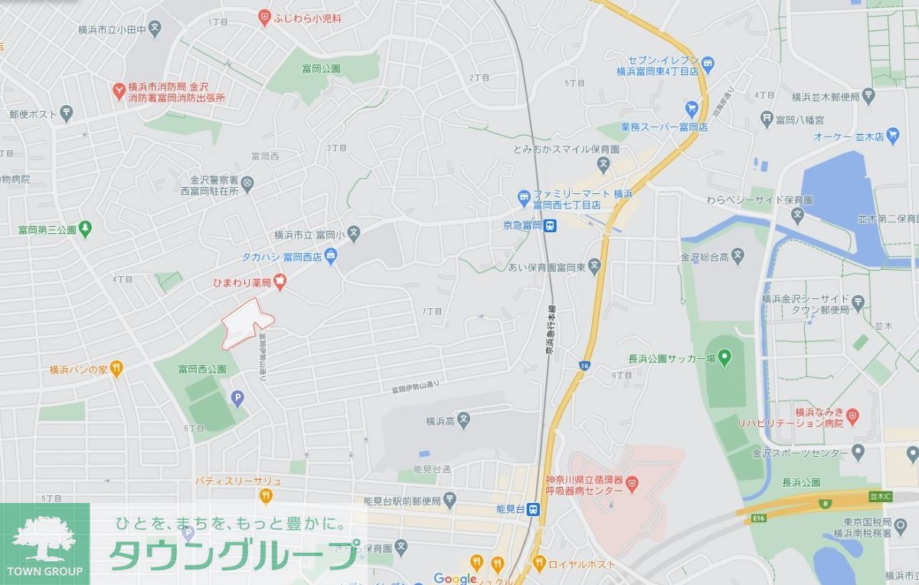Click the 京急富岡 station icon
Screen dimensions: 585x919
point(551,225)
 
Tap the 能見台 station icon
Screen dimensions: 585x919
point(533,509)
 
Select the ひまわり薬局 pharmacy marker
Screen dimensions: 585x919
point(280,283)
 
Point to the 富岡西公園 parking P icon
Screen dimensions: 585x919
point(237,398)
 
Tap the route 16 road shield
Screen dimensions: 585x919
point(584,366)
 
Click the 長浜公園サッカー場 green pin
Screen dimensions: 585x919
point(724,357)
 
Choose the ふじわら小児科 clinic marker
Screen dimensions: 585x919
point(265,16)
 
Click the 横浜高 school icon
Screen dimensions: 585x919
point(464,421)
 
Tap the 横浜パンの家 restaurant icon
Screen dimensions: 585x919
point(116,370)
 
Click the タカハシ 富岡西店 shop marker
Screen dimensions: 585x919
point(331,256)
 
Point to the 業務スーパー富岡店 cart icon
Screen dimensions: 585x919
point(692,107)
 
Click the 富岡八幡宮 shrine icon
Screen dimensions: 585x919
point(767,119)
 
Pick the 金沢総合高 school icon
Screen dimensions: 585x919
point(737,255)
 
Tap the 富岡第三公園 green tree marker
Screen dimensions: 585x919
point(85,228)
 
